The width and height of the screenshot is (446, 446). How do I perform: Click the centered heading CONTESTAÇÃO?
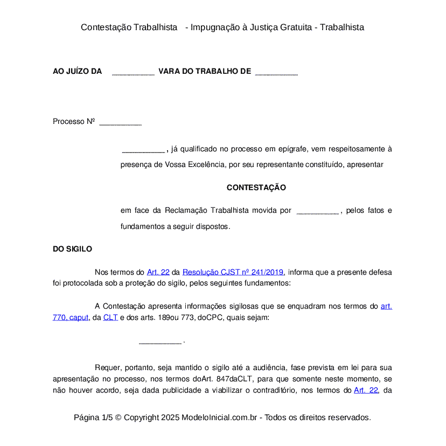[x=256, y=188]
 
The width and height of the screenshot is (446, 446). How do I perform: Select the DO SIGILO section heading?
[x=72, y=249]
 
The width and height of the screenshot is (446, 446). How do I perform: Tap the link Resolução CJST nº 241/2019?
[x=233, y=272]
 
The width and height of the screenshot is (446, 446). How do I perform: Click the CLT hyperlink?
[x=110, y=318]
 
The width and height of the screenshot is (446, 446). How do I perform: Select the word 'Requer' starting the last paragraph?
[x=107, y=368]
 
